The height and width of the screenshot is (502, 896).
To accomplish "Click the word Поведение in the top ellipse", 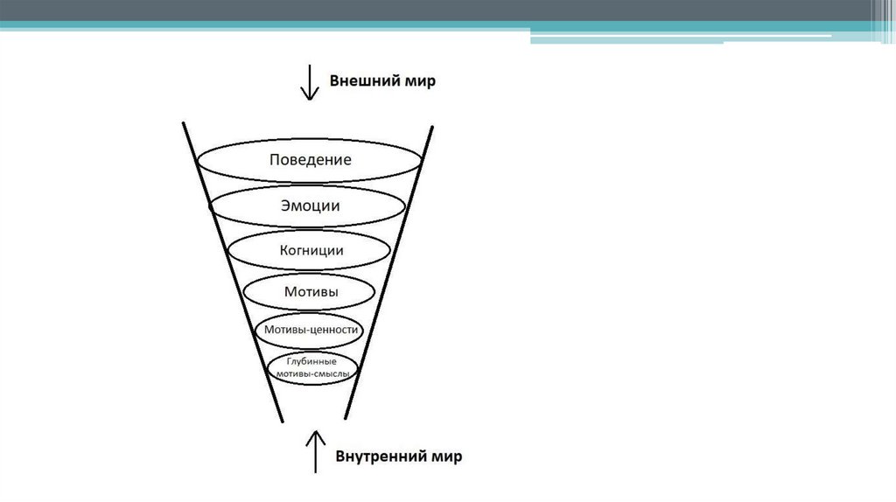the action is (x=310, y=160).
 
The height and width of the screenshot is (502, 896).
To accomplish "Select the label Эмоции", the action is (x=310, y=206).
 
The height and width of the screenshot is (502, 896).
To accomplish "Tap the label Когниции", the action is (x=311, y=250).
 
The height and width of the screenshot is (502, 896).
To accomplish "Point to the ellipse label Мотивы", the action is (x=311, y=291).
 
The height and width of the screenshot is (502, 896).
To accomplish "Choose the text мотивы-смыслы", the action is (x=311, y=373).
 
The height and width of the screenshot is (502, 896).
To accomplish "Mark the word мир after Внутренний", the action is (x=446, y=457).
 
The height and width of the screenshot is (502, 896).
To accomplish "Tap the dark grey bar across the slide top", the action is (x=437, y=10).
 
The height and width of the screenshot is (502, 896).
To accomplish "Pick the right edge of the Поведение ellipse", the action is (x=423, y=161).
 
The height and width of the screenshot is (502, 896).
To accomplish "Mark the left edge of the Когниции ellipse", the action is (x=227, y=250).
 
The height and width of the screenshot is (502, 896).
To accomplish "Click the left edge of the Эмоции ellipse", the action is (x=211, y=207).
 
